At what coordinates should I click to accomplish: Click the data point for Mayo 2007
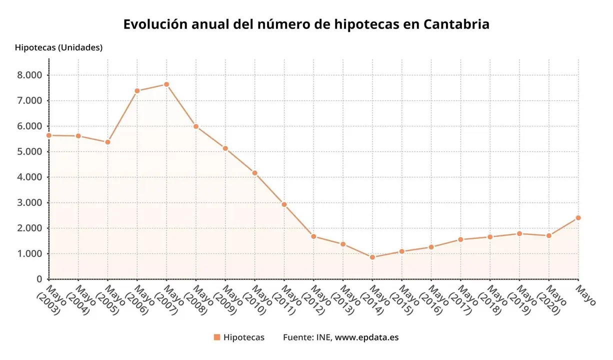coord(166,84)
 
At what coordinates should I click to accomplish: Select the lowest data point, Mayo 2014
coord(372,257)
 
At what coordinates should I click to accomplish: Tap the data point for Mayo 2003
coord(49,135)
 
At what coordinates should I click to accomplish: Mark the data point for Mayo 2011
coord(284,204)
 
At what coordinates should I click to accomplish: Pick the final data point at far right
coord(578,218)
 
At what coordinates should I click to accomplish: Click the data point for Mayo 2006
coord(137,91)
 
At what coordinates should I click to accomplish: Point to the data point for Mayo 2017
coord(460,239)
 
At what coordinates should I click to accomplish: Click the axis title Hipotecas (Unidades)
coord(58,48)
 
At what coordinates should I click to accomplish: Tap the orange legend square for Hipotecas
coord(216,337)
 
